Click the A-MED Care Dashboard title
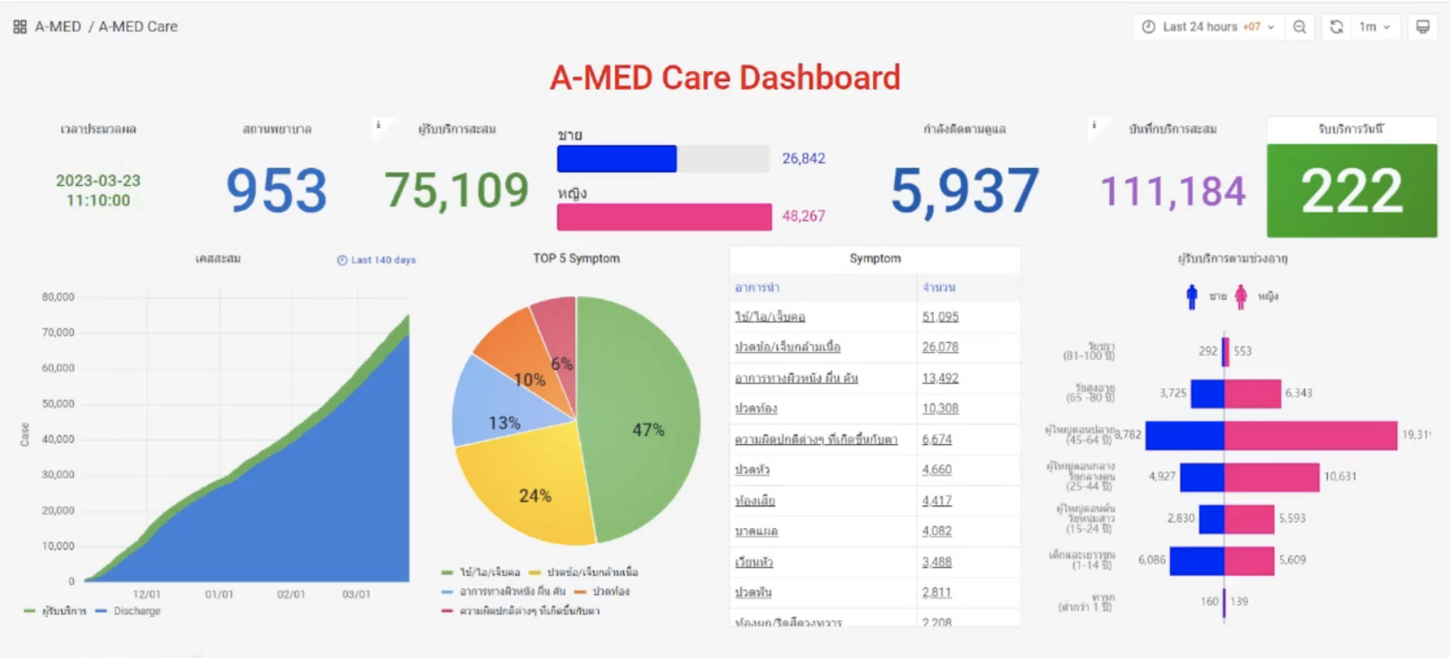tap(725, 78)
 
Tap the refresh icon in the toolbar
tap(1336, 27)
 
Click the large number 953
tap(276, 191)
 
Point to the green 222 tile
tap(1351, 191)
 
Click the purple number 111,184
tap(1173, 191)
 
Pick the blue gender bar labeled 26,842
tap(616, 158)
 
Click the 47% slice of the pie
tap(643, 420)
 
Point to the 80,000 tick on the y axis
tap(58, 297)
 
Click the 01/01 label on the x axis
tap(219, 594)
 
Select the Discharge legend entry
tap(136, 611)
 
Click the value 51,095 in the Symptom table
tap(940, 317)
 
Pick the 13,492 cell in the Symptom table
tap(940, 378)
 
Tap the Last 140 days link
tap(382, 260)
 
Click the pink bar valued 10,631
tap(1271, 477)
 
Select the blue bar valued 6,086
tap(1196, 561)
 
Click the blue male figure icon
tap(1192, 297)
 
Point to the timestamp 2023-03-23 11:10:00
tap(98, 190)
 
